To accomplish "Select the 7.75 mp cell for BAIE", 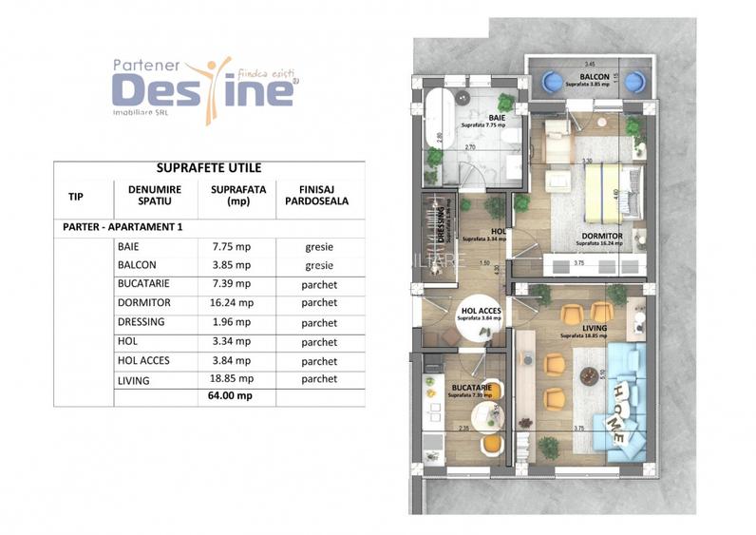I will [x=230, y=247].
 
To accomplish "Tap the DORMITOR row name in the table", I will [x=141, y=303].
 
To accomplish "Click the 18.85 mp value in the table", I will [x=230, y=379].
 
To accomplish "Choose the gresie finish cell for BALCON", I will [x=319, y=265].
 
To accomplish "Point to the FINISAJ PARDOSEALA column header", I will [x=312, y=195].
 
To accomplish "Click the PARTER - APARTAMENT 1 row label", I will [x=122, y=227].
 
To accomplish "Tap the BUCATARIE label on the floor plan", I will [x=471, y=388].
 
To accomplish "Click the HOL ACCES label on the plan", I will [x=480, y=311].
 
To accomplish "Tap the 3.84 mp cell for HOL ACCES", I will [x=230, y=360].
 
